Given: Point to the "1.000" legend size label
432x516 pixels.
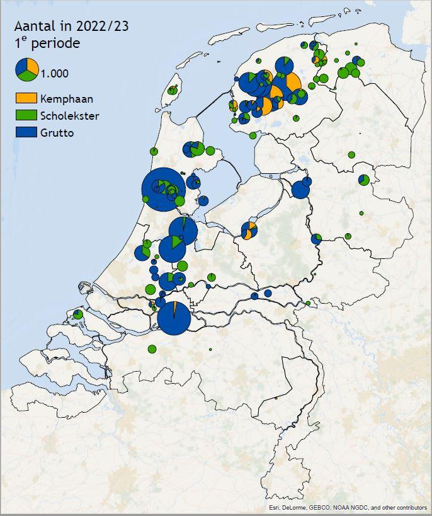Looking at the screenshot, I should click(x=55, y=73).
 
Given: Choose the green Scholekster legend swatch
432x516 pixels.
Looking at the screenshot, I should click(x=26, y=115).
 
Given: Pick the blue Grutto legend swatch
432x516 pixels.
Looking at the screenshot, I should click(x=26, y=132).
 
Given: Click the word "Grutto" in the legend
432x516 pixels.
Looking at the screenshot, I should click(x=57, y=133).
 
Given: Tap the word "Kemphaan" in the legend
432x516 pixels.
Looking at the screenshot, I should click(x=66, y=98).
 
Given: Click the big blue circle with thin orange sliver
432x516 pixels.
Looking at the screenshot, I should click(x=174, y=318).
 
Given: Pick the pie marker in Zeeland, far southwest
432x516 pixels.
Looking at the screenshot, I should click(x=77, y=314).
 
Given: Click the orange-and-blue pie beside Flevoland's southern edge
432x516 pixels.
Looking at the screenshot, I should click(x=249, y=231).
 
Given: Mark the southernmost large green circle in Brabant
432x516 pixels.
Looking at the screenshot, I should click(x=152, y=349).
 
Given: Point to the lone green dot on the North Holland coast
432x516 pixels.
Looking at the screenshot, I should click(x=153, y=151).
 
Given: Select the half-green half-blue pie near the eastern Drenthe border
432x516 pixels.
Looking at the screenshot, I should click(x=364, y=180).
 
